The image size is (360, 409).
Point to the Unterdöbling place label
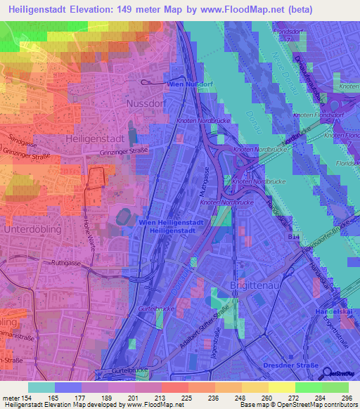pos(32,230)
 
